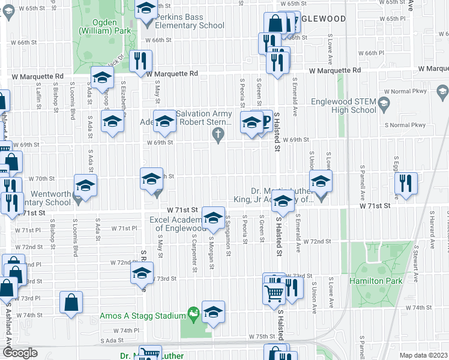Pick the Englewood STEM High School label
344,106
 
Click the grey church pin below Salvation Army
220,137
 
